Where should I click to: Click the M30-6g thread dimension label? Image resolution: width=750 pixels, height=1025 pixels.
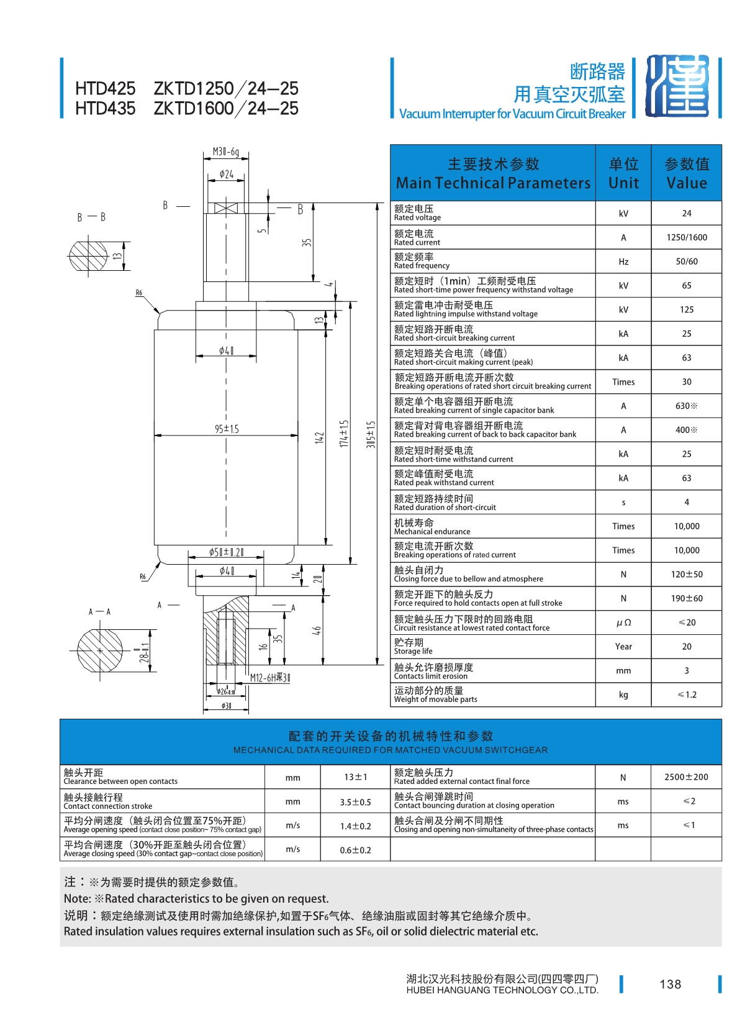pos(225,152)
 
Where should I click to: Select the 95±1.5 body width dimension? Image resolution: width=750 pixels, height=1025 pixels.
pos(227,429)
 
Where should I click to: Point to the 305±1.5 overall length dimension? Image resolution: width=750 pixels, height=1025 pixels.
pos(371,434)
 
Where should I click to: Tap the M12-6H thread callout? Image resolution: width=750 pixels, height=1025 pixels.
pos(270,677)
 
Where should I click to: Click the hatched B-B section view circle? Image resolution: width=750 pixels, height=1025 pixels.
pos(88,255)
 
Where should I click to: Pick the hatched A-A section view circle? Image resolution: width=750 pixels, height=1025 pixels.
pos(100,650)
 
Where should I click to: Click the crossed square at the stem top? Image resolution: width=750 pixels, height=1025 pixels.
pos(226,208)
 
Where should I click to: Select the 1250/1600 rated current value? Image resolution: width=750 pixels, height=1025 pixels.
pos(687,237)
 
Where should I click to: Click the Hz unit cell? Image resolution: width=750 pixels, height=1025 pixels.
pos(623,262)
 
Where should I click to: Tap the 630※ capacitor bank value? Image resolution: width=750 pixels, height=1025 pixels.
pos(687,406)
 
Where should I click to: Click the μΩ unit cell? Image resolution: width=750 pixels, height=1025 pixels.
pos(623,623)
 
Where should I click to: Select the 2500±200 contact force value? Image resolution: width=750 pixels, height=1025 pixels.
pos(686,777)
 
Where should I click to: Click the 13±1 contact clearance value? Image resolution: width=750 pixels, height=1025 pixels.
pos(355,777)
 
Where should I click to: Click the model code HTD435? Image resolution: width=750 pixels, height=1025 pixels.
pos(105,109)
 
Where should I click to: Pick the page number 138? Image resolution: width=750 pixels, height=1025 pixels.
pos(671,984)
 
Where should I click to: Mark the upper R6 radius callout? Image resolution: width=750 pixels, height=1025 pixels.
pos(139,293)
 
